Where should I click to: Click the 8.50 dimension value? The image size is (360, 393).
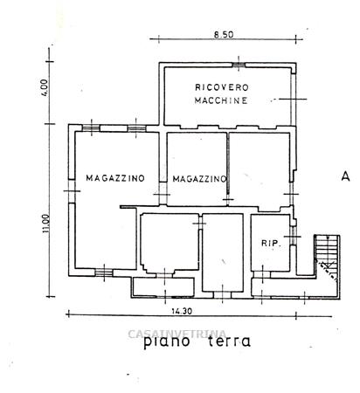click(x=224, y=35)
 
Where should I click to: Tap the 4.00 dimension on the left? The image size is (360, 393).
click(x=45, y=87)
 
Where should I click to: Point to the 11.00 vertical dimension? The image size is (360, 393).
click(x=45, y=224)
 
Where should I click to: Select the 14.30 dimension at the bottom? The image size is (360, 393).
click(x=182, y=311)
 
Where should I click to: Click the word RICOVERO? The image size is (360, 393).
click(x=222, y=87)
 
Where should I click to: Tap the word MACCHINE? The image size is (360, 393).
click(x=221, y=100)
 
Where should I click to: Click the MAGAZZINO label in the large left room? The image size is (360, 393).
click(x=115, y=178)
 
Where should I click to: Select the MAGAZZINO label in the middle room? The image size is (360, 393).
click(x=199, y=179)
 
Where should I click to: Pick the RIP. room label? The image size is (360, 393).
click(x=271, y=244)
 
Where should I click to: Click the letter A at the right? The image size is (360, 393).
click(x=345, y=176)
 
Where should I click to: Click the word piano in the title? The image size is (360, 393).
click(x=167, y=341)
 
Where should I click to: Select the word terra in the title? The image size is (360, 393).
click(x=229, y=341)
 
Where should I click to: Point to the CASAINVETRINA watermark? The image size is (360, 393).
click(x=177, y=334)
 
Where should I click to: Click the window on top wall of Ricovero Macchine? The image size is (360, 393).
click(x=239, y=65)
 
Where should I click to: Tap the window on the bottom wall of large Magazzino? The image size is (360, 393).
click(x=104, y=272)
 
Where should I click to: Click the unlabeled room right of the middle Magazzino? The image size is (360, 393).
click(x=260, y=169)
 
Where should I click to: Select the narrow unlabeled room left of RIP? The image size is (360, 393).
click(x=223, y=252)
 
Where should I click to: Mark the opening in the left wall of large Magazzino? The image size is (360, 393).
click(x=72, y=191)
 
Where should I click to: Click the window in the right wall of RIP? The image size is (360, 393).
click(x=294, y=235)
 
